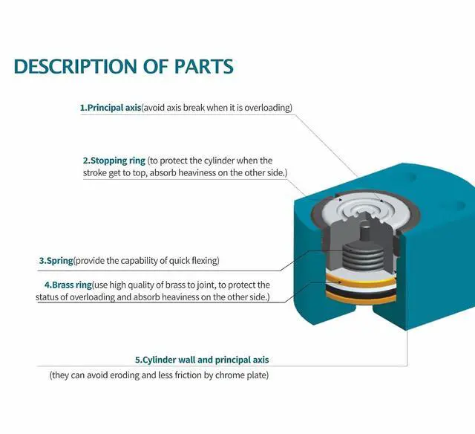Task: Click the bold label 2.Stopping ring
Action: click(114, 161)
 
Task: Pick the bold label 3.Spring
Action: click(56, 261)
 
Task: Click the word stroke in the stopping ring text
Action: click(98, 172)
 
